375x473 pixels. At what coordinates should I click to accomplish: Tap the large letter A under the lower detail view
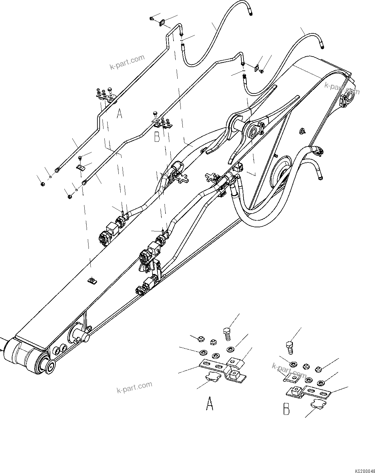209,403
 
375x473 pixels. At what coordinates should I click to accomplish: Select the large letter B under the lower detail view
287,409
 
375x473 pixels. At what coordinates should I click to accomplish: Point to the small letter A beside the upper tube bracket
119,113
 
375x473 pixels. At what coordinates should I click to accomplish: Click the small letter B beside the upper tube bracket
157,137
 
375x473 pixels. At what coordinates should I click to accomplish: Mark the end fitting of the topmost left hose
251,13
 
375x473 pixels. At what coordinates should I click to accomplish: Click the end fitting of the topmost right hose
322,46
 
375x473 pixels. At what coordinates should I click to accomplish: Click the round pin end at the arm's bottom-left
49,366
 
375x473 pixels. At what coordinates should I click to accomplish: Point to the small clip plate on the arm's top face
92,280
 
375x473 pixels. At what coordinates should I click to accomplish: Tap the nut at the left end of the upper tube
42,184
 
